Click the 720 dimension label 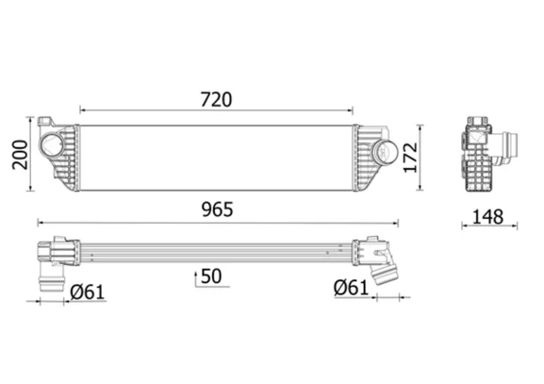coord(216,99)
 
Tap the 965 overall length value coord(218,210)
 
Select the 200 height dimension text coord(20,155)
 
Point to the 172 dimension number coord(411,157)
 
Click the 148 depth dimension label coord(488,217)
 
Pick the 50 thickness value coord(211,276)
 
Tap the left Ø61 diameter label coord(87,292)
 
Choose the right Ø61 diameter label coord(351,288)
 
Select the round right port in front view coord(385,153)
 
